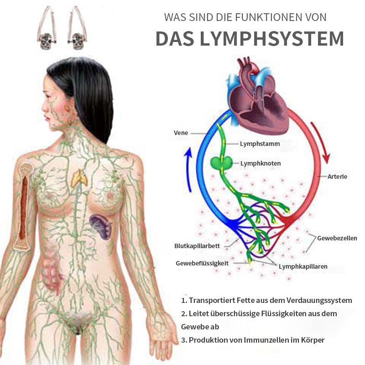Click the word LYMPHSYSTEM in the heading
[271, 38]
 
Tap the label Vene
[181, 133]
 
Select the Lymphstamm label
[260, 144]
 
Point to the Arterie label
[337, 177]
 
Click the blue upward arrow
[190, 169]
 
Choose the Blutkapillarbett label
[197, 246]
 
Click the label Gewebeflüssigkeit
[202, 263]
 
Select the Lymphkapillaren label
[303, 266]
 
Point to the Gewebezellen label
[337, 238]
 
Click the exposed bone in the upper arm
[24, 207]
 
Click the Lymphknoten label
[261, 163]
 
